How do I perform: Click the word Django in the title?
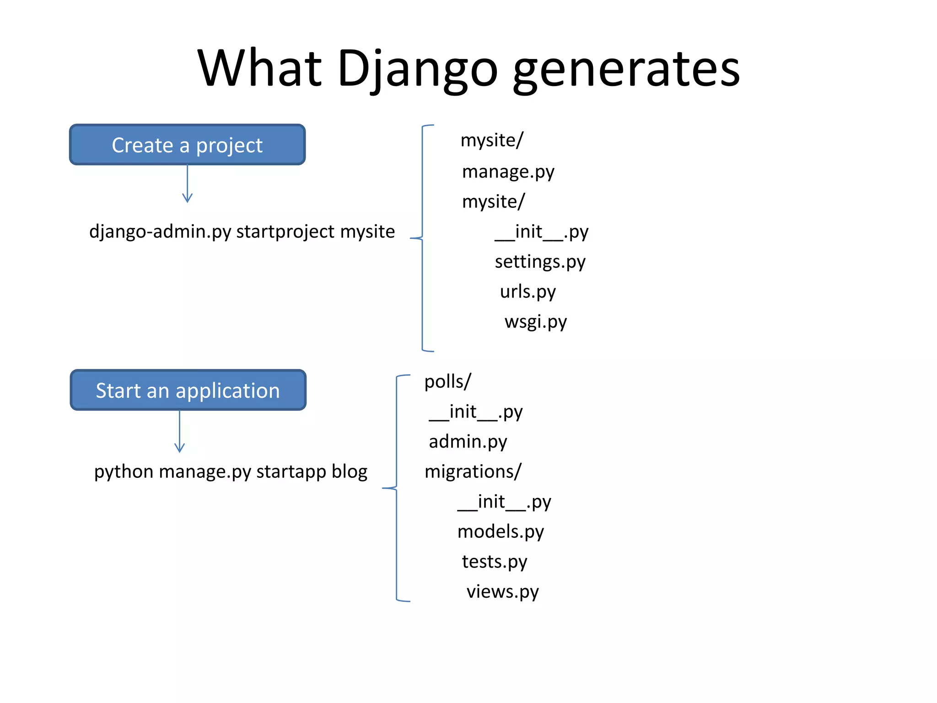tap(417, 70)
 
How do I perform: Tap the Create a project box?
tap(187, 145)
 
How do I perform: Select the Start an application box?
tap(188, 390)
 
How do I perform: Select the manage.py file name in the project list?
tap(508, 172)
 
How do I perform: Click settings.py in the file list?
tap(540, 262)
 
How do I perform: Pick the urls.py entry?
tap(528, 292)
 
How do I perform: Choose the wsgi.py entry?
tap(535, 322)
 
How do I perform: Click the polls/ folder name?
tap(447, 382)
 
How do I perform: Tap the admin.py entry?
tap(468, 442)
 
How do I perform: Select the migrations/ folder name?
tap(473, 471)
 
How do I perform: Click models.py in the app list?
tap(501, 532)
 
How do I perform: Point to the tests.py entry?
tap(494, 562)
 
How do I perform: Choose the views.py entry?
tap(502, 592)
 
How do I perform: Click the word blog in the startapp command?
tap(350, 471)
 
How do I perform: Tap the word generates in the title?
tap(626, 70)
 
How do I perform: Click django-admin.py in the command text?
tap(160, 232)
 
